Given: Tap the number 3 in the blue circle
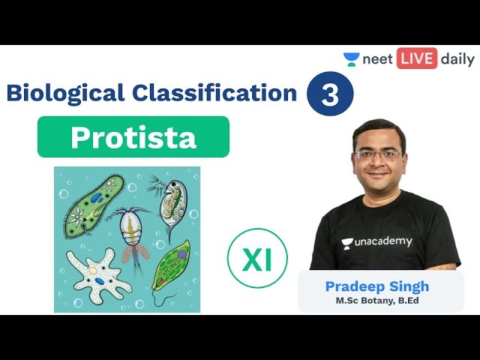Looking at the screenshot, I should coord(330,97).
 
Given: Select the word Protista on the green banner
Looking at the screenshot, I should coord(133,137).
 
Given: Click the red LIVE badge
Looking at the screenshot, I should coord(417,59).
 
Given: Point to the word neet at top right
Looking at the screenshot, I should coord(378,60).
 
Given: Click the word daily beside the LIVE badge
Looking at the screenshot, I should coord(457,60).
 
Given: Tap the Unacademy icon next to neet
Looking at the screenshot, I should coord(351,59).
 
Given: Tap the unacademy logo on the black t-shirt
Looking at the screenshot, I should coord(376,241).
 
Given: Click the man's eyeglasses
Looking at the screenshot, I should coord(378,154).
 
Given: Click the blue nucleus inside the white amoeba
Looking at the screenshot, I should coord(100,281).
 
